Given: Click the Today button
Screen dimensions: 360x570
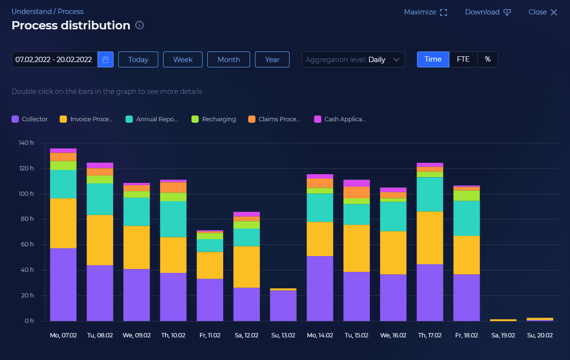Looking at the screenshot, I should click(138, 60).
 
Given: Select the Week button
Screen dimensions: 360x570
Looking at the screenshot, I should click(183, 60).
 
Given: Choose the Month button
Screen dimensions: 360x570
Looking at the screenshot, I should click(228, 60).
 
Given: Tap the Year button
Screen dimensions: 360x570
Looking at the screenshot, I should click(272, 60).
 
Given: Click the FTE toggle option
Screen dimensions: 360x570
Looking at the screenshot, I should click(463, 59).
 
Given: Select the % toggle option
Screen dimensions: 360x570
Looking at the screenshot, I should click(488, 59).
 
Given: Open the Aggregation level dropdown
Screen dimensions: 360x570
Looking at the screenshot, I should click(353, 60).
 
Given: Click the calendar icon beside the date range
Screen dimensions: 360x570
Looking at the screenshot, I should click(105, 60).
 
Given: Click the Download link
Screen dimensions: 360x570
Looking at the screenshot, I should click(488, 12).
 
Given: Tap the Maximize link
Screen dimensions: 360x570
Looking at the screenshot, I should click(425, 12).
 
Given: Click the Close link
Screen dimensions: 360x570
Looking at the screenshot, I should click(543, 12).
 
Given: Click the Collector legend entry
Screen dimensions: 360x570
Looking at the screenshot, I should click(30, 119).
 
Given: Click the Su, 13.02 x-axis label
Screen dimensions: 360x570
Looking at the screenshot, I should click(283, 335).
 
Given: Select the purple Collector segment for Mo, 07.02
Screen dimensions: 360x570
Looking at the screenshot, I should click(63, 284).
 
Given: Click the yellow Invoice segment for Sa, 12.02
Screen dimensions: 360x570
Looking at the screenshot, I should click(246, 267).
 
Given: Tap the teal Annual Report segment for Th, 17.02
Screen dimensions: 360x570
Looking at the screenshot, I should click(430, 194).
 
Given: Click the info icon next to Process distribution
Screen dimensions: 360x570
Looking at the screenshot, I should click(139, 26).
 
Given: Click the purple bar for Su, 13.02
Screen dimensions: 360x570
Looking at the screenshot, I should click(283, 306).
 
